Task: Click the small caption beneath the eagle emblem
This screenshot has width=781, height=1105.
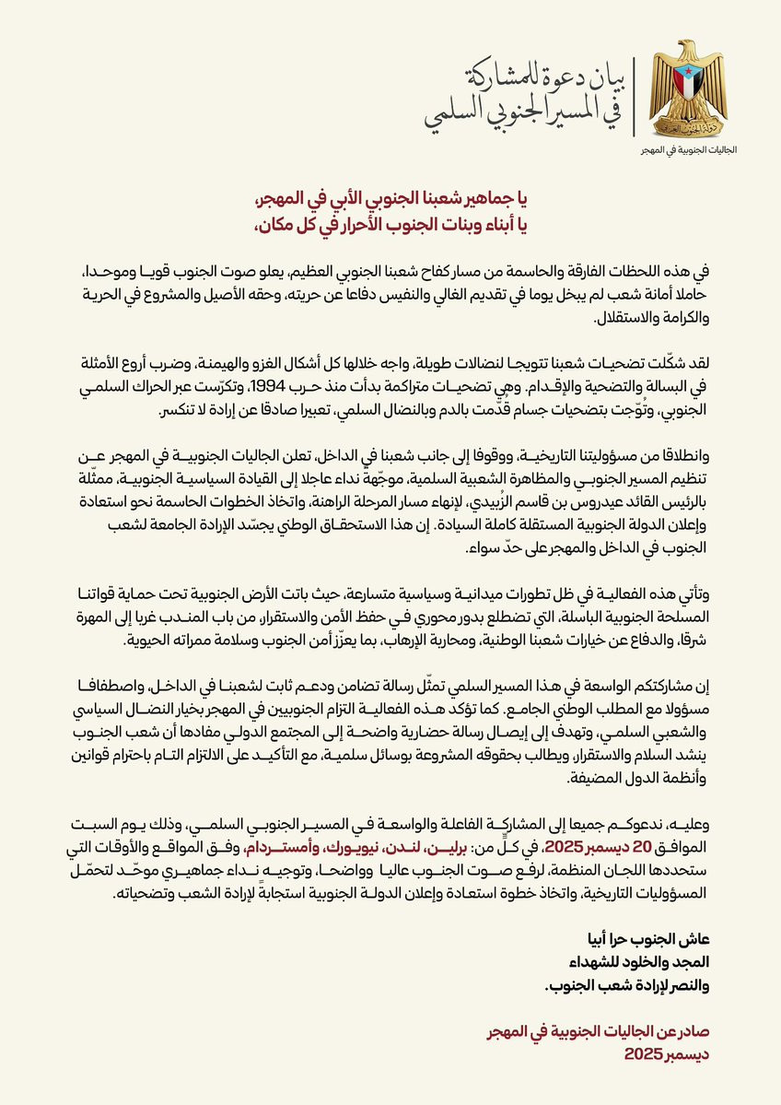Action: (x=682, y=148)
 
